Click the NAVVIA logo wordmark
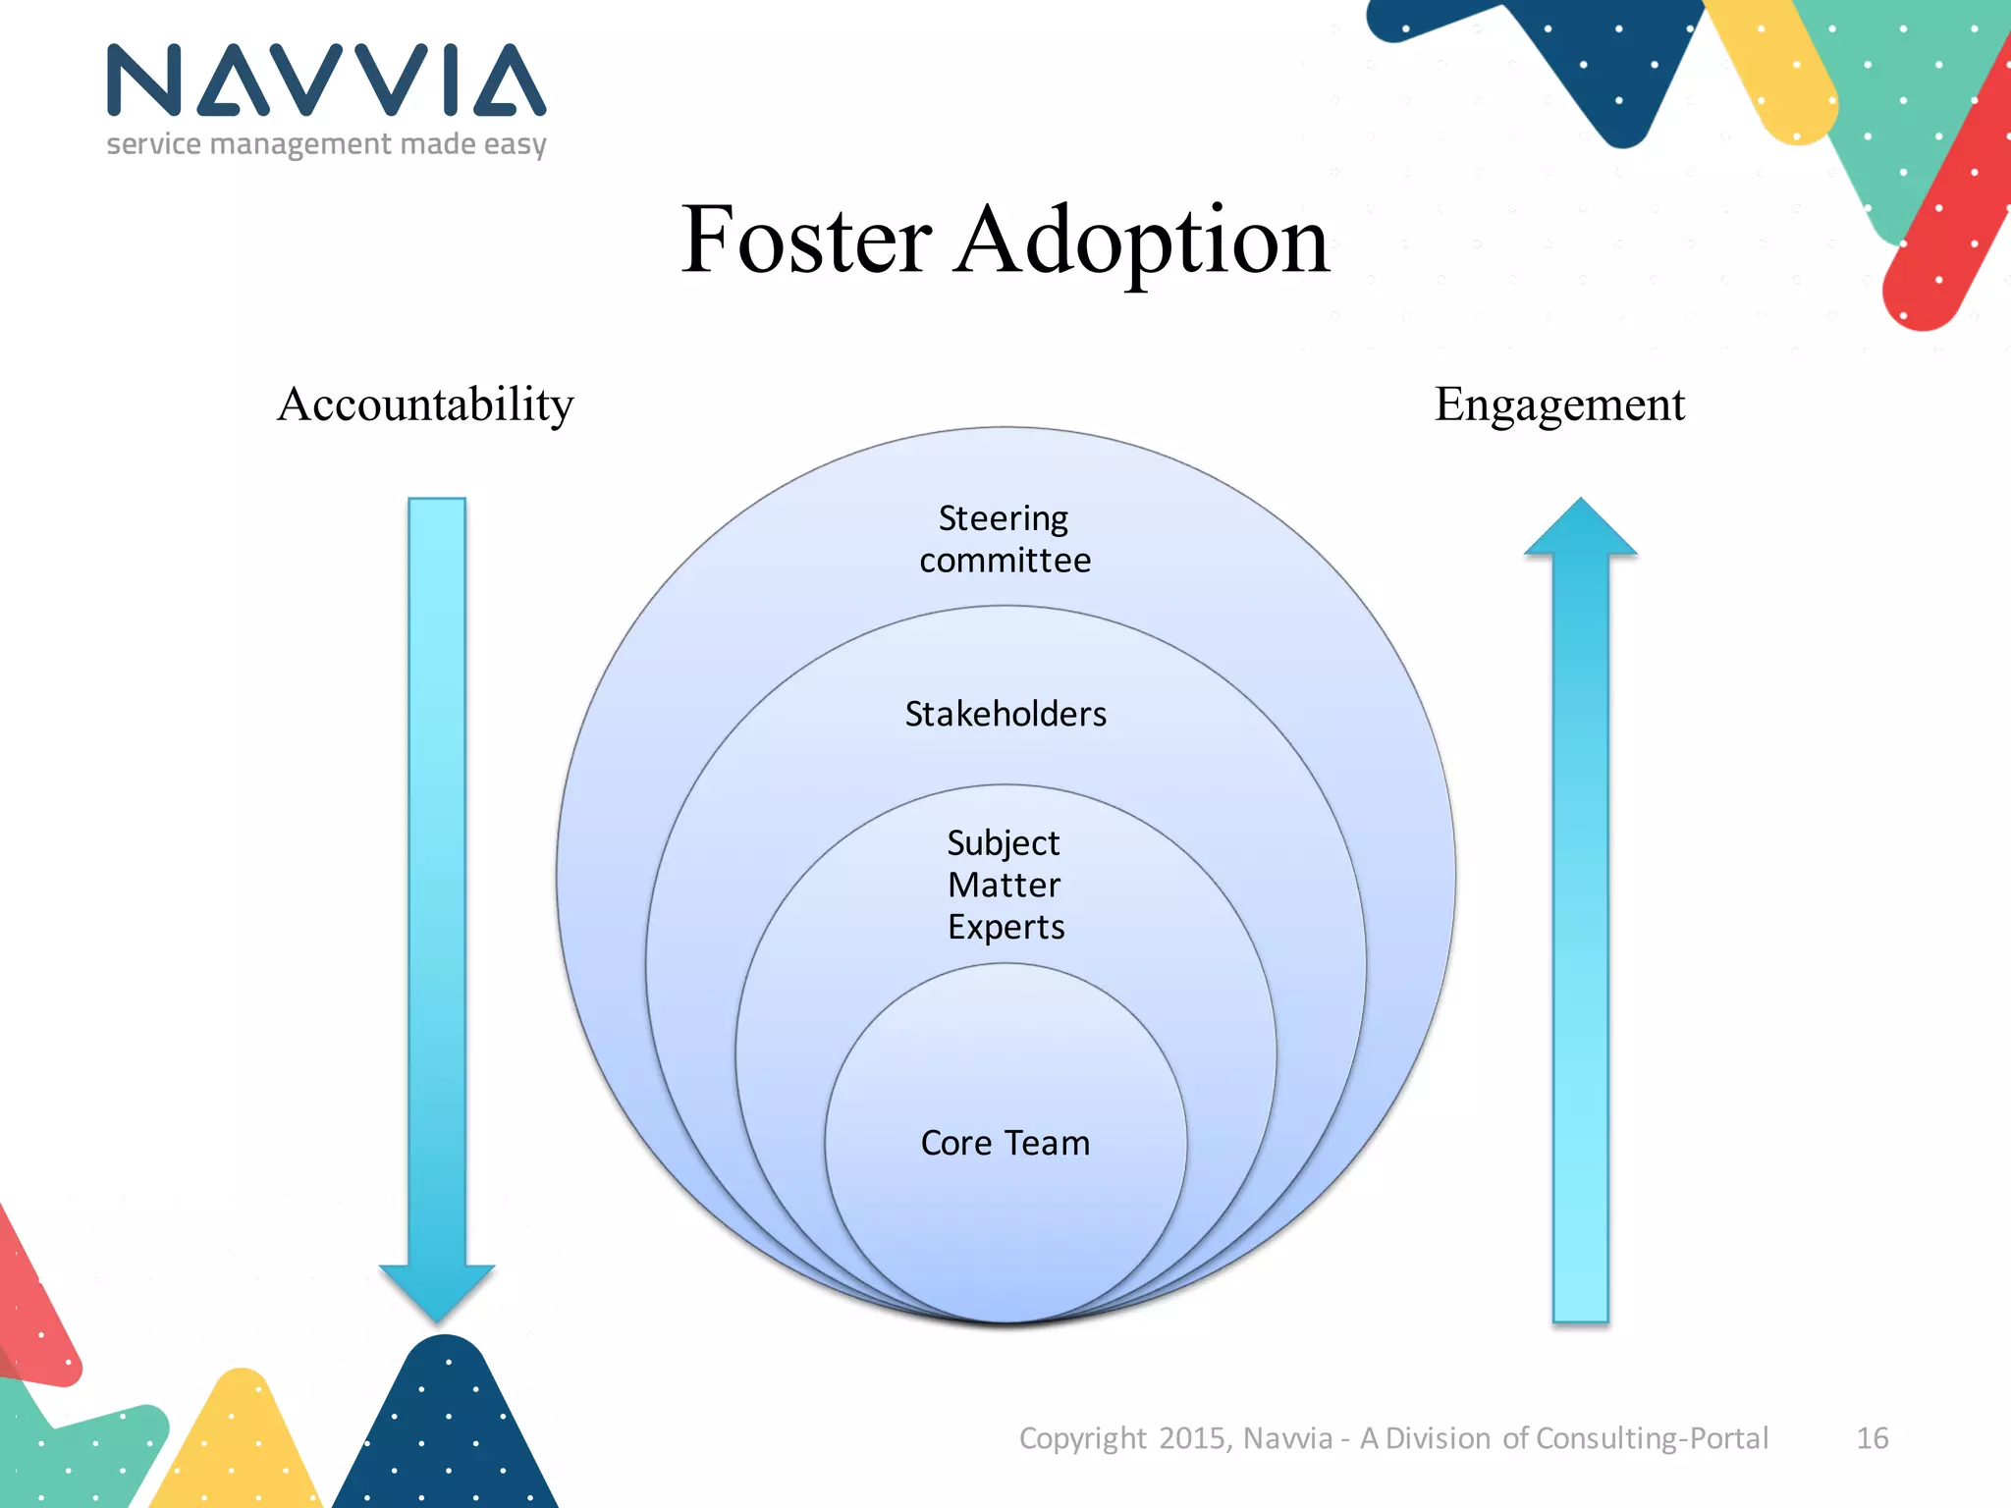point(326,81)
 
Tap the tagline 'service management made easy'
point(326,144)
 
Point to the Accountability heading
point(425,404)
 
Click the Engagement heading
point(1559,404)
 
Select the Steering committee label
point(1005,539)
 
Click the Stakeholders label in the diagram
point(1005,714)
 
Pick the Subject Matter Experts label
point(1005,885)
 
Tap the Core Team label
point(1005,1143)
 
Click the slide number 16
point(1872,1438)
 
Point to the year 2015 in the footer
point(1192,1438)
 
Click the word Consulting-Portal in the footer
point(1652,1438)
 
